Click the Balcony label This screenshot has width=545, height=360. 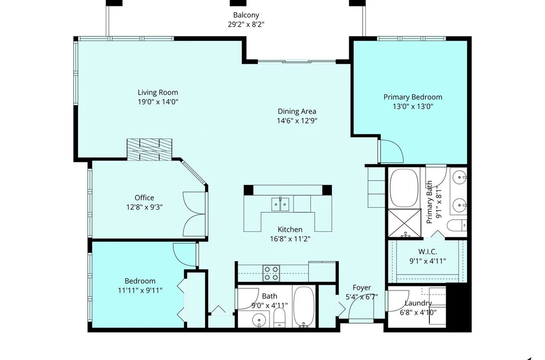coord(246,15)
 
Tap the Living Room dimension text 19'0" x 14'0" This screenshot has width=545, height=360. coord(158,102)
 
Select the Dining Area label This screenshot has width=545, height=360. coord(297,111)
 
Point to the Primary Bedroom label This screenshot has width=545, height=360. coord(413,97)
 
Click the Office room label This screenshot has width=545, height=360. coord(144,197)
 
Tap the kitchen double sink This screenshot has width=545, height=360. coord(280,204)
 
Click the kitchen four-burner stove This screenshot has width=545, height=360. coord(271,273)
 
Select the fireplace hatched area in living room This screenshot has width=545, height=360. coord(149,150)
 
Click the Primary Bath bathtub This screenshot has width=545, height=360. coord(404,188)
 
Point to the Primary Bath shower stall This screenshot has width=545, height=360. coord(404,223)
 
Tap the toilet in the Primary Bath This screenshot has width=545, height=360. coord(457,226)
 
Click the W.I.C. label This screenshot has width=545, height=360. coord(428,252)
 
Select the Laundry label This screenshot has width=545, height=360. coord(418,303)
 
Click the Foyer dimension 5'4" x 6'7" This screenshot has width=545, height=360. coord(362,297)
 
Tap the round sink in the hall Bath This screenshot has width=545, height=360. coord(259,319)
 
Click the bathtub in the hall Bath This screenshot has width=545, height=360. coord(304,307)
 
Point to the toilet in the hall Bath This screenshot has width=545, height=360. coord(279,319)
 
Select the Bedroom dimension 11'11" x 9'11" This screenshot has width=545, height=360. coord(140,290)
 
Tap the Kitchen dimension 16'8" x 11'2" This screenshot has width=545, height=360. coord(290,239)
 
